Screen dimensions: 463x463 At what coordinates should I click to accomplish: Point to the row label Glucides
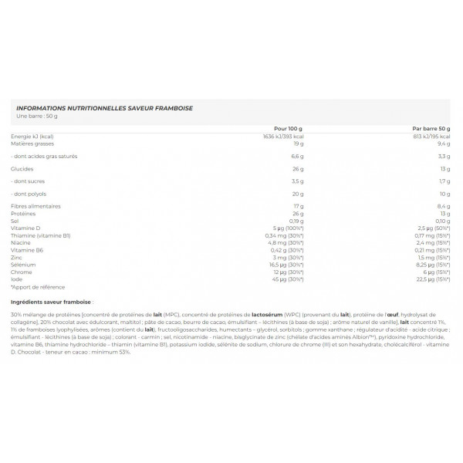pyautogui.click(x=22, y=168)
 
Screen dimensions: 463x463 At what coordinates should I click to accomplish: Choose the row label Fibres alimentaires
pyautogui.click(x=35, y=207)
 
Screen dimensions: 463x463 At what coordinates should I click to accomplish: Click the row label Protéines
pyautogui.click(x=24, y=214)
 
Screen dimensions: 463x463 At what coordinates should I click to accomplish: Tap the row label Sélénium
pyautogui.click(x=25, y=264)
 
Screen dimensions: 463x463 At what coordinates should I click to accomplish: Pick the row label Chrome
pyautogui.click(x=22, y=272)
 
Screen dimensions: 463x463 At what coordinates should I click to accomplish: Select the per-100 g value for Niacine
pyautogui.click(x=286, y=242)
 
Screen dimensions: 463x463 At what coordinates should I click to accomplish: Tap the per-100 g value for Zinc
pyautogui.click(x=289, y=257)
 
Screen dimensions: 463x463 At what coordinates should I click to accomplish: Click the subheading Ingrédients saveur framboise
pyautogui.click(x=52, y=301)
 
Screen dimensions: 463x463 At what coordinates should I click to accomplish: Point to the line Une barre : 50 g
pyautogui.click(x=36, y=117)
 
